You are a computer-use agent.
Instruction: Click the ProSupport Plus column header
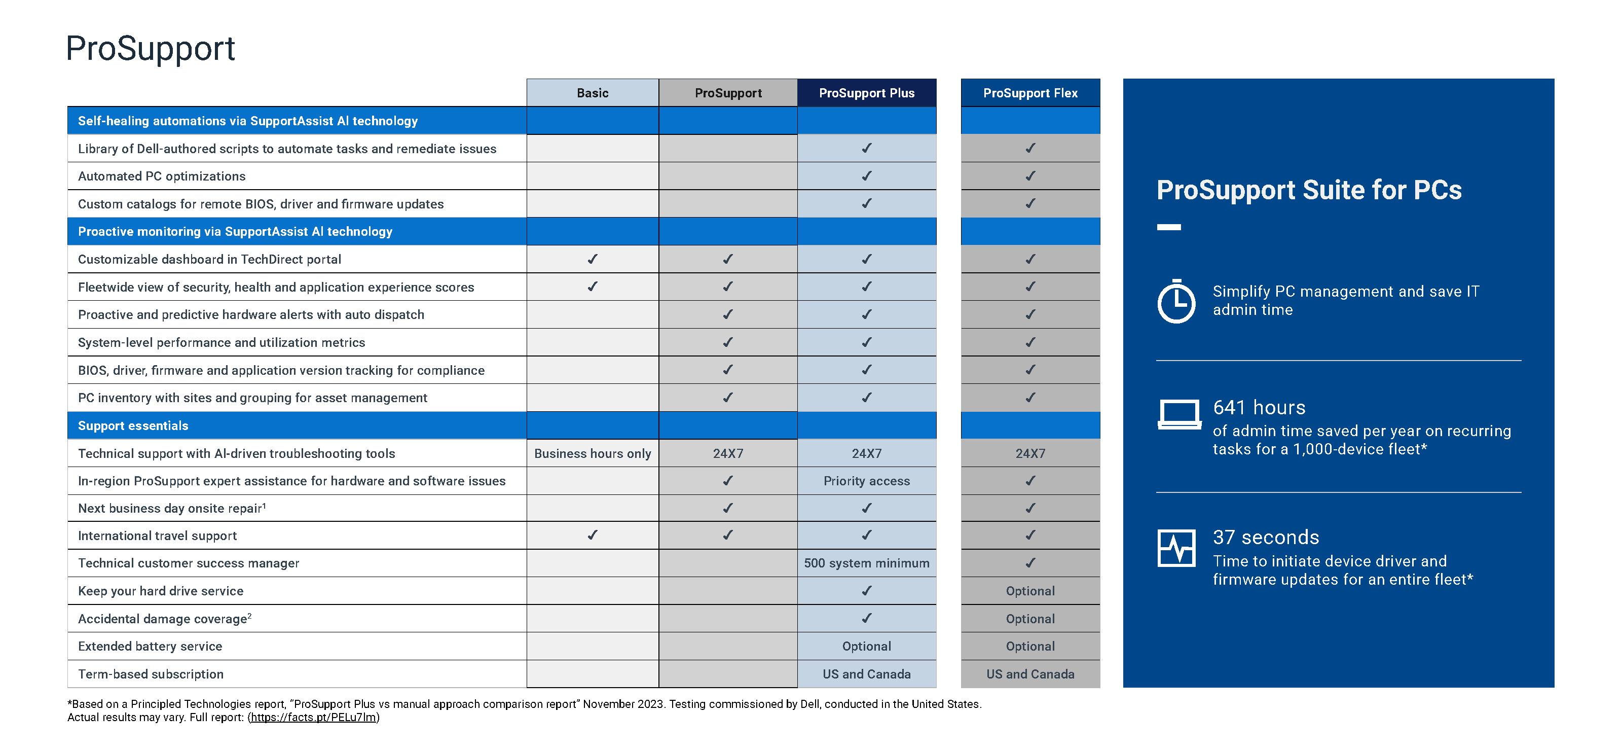tap(866, 93)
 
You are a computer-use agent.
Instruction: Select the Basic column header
tap(592, 93)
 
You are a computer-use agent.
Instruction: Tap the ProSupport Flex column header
tap(1029, 93)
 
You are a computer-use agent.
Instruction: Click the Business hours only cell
tap(592, 453)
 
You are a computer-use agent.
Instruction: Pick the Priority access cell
tap(866, 481)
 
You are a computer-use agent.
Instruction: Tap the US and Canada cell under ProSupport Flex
tap(1029, 673)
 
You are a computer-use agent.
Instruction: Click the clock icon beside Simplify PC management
tap(1175, 301)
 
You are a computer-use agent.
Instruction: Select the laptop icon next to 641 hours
tap(1178, 414)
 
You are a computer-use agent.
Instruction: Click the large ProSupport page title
tap(151, 49)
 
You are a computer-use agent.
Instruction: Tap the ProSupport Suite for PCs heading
tap(1308, 190)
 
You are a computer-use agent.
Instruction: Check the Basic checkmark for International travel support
tap(592, 535)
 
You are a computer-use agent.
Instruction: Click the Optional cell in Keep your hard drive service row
tap(1029, 590)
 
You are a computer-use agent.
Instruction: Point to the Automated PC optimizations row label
tap(162, 176)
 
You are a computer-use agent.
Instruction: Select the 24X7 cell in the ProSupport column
tap(727, 453)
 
